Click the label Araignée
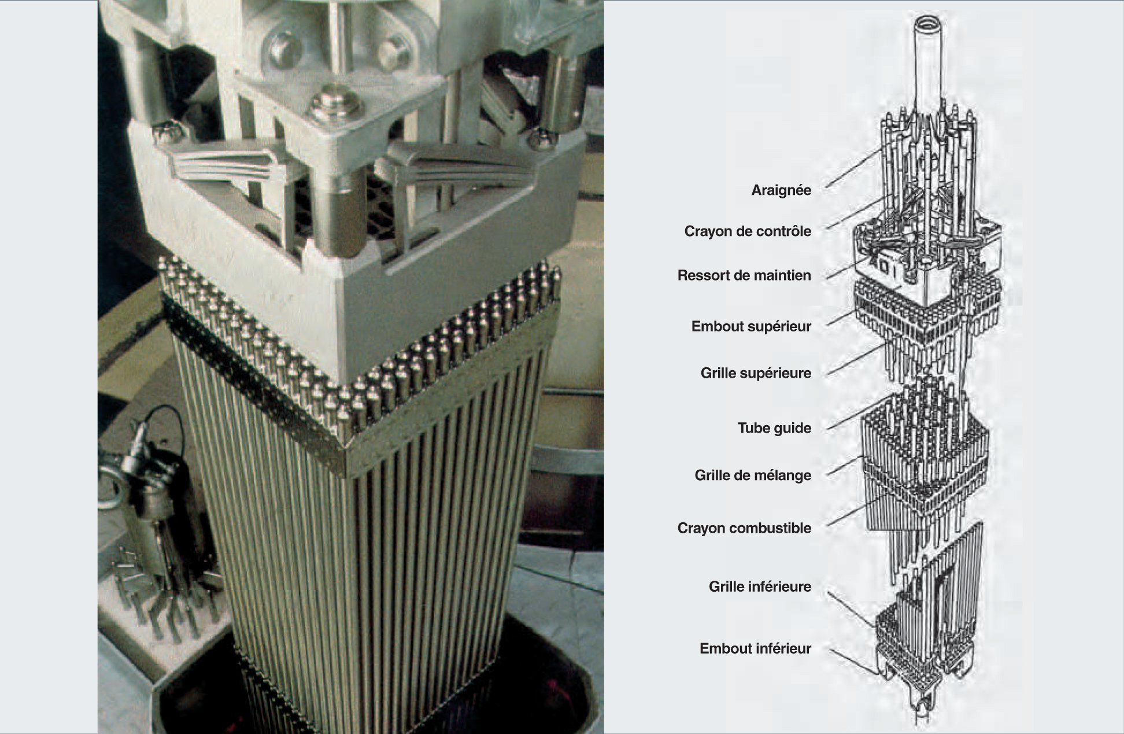click(781, 190)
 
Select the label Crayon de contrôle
click(748, 231)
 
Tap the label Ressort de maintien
click(744, 275)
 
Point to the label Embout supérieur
click(751, 326)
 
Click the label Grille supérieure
click(756, 373)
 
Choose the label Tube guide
click(774, 428)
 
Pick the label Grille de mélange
click(753, 475)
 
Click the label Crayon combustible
click(744, 528)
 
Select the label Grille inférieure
click(760, 587)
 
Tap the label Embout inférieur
click(755, 648)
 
